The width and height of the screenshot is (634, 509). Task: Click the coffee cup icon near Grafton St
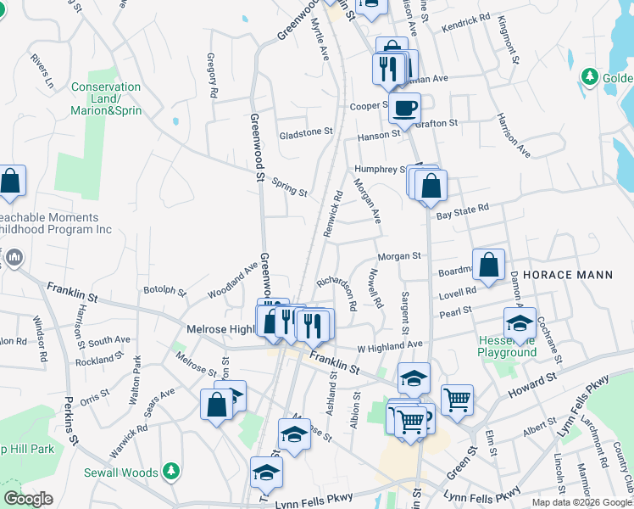click(404, 108)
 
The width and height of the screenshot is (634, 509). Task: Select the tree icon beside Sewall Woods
click(171, 470)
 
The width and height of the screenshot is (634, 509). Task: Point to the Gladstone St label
click(306, 133)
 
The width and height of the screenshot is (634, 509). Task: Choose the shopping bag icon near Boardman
click(489, 264)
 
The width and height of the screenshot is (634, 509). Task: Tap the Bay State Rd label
click(463, 208)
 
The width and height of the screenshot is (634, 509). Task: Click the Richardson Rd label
click(338, 288)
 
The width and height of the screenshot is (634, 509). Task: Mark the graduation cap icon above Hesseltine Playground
click(519, 322)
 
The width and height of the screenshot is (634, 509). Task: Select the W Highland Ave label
click(389, 345)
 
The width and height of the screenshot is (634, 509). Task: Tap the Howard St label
click(532, 386)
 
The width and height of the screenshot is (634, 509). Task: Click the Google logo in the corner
click(28, 499)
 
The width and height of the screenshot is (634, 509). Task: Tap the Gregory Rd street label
click(213, 74)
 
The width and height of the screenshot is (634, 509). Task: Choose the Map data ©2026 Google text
click(581, 502)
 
